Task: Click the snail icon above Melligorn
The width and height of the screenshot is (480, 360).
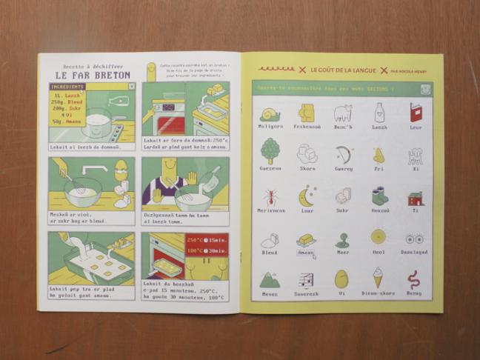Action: coord(270,113)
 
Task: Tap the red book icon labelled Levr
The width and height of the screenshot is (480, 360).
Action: coord(416,113)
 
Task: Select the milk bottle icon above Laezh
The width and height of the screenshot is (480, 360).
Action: coord(379,113)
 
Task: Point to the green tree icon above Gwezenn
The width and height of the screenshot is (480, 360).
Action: coord(270,151)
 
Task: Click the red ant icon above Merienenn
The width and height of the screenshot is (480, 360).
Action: coord(270,198)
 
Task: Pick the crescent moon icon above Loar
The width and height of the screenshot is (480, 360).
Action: coord(307,196)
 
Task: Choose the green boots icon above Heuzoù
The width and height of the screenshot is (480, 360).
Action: coord(379,197)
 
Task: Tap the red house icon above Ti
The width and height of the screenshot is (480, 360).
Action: coord(416,198)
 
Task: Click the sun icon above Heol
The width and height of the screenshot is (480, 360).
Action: coord(379,238)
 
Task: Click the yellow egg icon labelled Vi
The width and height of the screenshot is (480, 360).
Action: coord(342,279)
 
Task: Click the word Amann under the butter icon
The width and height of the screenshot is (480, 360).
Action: coord(306,253)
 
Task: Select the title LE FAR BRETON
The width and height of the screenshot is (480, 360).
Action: coord(93,75)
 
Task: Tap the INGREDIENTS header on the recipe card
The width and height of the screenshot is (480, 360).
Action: coord(67,87)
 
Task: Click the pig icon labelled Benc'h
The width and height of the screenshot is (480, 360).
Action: coord(342,113)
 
